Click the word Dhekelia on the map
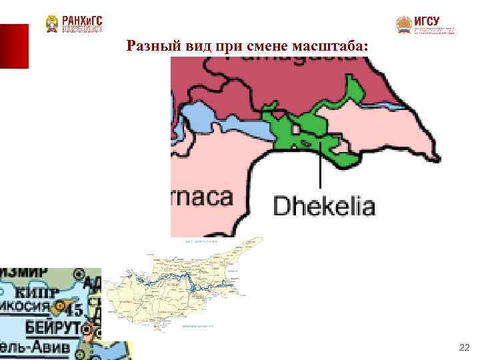pos(324,205)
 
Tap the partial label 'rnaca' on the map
pos(202,197)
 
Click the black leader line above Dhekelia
pos(321,167)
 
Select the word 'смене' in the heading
pos(269,47)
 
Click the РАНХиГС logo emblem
pos(52,24)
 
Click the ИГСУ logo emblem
pos(403,25)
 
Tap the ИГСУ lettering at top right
pos(427,21)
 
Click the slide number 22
pos(464,347)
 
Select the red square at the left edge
pos(14,45)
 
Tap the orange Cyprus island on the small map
pos(61,308)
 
